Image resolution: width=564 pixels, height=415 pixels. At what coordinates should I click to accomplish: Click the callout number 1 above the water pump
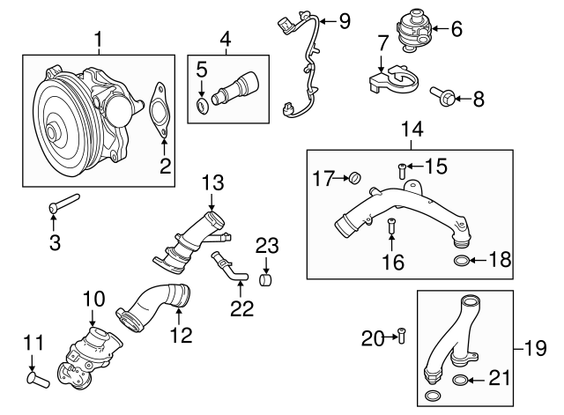[x=99, y=39]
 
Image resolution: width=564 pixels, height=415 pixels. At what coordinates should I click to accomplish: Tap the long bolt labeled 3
[x=64, y=204]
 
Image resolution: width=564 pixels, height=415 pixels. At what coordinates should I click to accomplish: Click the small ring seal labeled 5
[x=202, y=107]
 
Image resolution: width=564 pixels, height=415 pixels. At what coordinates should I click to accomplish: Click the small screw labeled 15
[x=403, y=169]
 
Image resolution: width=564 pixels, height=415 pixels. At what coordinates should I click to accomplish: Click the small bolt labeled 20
[x=402, y=334]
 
